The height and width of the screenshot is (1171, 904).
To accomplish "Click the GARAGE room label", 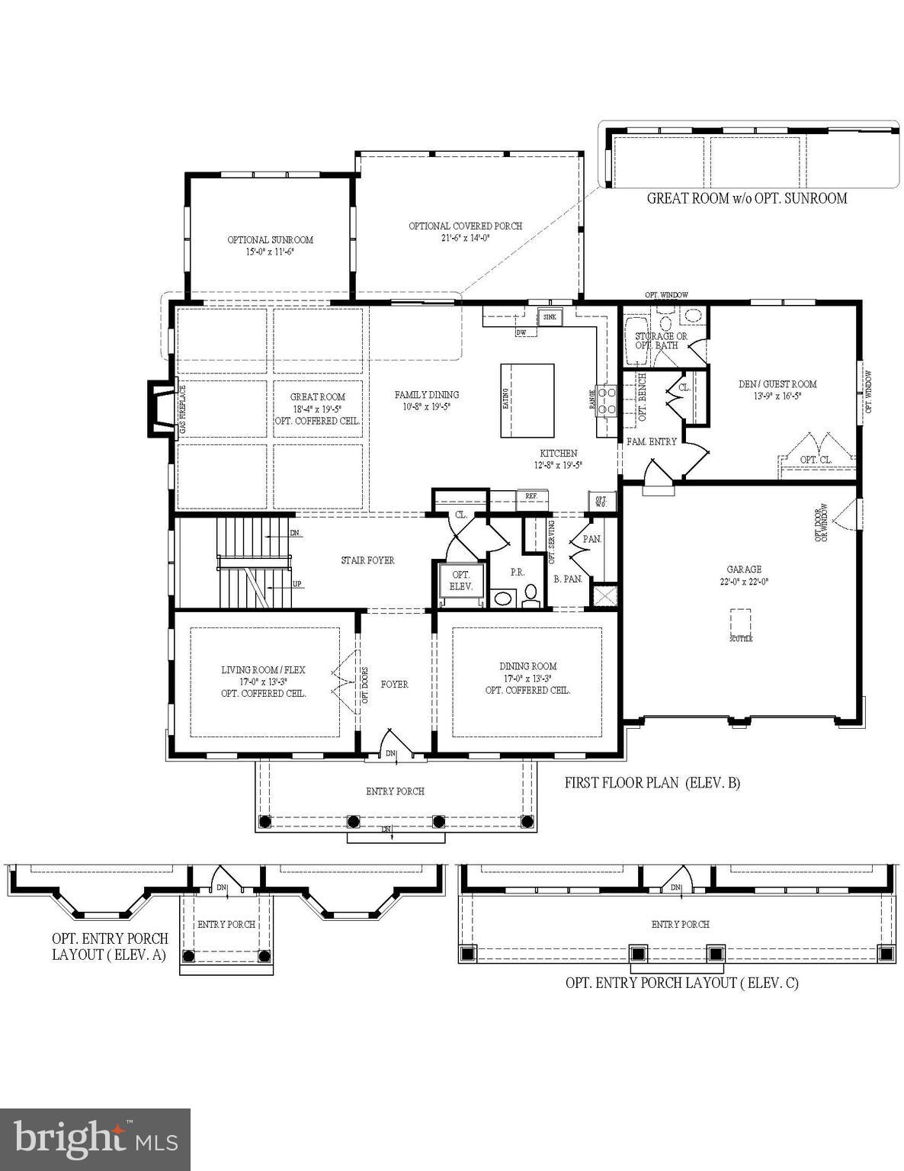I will coord(743,569).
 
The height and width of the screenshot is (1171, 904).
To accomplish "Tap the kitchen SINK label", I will coord(549,316).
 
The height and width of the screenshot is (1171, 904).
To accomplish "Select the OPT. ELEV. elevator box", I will coord(461,581).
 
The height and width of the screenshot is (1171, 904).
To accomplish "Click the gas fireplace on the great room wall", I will coord(162,410).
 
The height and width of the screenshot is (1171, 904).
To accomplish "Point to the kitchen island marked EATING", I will coord(527,400).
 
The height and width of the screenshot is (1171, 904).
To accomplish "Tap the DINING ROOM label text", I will coord(527,666).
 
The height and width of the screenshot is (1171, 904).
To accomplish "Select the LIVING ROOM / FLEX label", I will coord(263,670).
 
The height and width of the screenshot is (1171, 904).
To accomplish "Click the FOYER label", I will coord(394,685).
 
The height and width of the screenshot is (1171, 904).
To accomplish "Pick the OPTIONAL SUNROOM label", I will coord(270,240).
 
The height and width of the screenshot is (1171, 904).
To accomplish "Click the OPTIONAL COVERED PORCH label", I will coord(465,226).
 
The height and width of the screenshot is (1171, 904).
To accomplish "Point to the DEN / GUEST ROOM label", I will coord(777,384).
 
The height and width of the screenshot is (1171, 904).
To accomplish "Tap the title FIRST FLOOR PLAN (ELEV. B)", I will coord(652,782).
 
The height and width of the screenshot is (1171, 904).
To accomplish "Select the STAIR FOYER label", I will coord(367,560).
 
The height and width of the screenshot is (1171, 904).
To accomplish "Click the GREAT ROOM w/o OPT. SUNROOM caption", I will coord(746,198).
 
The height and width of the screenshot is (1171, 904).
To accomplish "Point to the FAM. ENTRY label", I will coord(651,441).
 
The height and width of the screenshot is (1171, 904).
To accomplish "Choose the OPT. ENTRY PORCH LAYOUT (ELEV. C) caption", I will coord(681,983).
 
